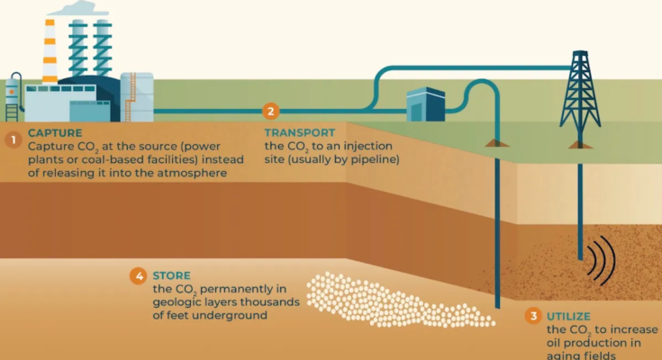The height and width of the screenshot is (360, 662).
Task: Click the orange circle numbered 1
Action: point(14,139)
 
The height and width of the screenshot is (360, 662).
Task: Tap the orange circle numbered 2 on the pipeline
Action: point(270,111)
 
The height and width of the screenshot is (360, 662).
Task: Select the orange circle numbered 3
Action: point(533,316)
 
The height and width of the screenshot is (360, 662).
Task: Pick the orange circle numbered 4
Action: point(138,276)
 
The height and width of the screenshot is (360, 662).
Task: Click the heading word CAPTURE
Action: point(55,133)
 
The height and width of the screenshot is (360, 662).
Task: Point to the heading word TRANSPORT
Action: point(300,132)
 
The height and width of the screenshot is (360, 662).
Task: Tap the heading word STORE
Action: point(171,275)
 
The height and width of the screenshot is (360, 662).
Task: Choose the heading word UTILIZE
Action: point(568,316)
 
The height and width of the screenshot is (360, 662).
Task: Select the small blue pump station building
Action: point(425,104)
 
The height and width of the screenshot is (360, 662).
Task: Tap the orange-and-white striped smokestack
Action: point(50,51)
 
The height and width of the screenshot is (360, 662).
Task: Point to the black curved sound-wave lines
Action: point(602,260)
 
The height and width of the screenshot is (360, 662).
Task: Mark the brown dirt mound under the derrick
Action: point(581,145)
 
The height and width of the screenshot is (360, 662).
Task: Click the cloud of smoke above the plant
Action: point(79,8)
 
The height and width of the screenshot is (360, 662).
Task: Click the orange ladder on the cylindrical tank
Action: point(131,97)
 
